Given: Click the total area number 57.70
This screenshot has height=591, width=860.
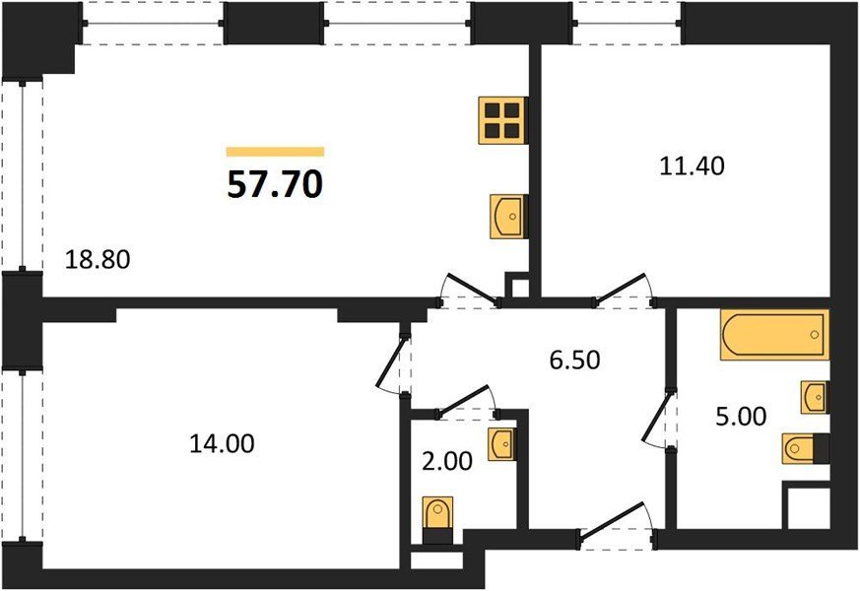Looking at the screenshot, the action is [275, 184].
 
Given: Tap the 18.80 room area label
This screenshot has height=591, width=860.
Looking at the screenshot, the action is [98, 259].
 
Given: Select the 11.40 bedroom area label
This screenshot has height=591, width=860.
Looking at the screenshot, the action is [692, 165].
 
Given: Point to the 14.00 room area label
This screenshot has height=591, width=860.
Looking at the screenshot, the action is [222, 443].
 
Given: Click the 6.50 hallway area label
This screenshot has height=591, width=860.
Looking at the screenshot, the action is [574, 361].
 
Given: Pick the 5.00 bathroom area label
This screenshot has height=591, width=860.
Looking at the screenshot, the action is [741, 416].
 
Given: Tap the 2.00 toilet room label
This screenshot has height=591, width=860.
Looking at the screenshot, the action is [447, 461].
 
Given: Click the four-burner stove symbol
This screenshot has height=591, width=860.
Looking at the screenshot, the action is [501, 120].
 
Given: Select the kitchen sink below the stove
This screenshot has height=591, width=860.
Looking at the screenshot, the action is [507, 216].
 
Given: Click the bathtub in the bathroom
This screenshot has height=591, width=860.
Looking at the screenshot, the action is [774, 335].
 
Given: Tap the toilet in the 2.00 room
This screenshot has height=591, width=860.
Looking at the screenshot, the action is [438, 520].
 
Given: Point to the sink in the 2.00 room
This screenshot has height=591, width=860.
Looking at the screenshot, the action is [501, 444].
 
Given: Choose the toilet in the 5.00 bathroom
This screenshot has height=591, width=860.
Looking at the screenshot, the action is [805, 449].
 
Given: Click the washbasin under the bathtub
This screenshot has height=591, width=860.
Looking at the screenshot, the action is [815, 397].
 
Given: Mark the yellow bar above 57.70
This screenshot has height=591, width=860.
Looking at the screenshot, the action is [275, 152].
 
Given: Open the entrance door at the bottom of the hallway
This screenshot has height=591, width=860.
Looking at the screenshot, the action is [617, 526].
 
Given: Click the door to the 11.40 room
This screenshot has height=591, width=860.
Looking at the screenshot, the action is [623, 290].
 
